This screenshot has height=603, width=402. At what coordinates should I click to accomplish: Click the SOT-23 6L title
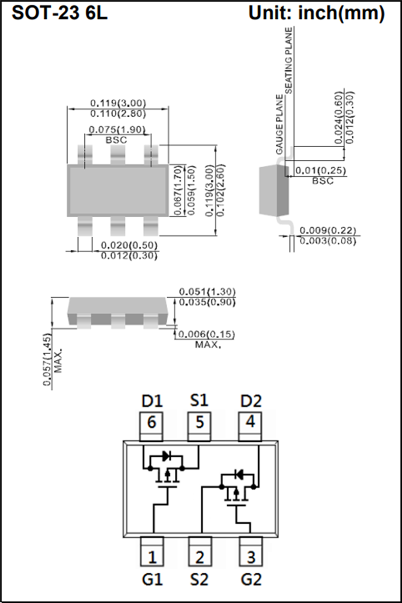pos(60,14)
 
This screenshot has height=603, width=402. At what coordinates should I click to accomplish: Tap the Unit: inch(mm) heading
pos(316,14)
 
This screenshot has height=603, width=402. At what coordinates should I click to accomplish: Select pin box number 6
pos(151,423)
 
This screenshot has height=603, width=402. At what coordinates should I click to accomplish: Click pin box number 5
pos(200,423)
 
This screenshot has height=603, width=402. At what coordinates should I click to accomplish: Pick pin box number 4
pos(250,423)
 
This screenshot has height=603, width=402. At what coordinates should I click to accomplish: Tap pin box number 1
pos(151,556)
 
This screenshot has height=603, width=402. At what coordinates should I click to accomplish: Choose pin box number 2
pos(200,556)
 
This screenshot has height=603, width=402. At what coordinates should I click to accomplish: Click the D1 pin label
pos(152,401)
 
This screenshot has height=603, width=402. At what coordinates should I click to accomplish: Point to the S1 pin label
pos(199,401)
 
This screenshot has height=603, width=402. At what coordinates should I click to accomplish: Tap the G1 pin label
pos(152,580)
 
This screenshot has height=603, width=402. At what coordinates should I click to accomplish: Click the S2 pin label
pos(199,580)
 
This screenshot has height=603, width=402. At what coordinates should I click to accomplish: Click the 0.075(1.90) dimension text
pos(117,130)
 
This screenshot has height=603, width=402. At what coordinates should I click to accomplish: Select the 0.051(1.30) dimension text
pos(208,292)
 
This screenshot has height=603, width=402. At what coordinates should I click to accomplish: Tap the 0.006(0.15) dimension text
pos(208,335)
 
